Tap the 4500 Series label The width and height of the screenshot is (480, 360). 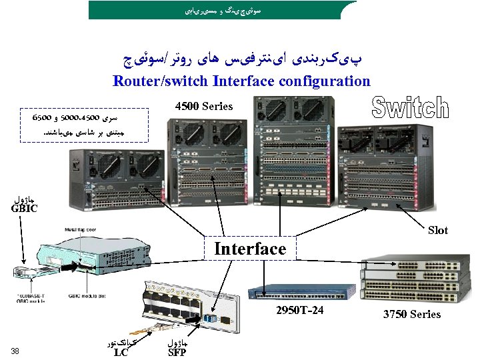coord(203,106)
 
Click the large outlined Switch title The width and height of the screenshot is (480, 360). coord(409,108)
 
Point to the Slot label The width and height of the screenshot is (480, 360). coord(438,230)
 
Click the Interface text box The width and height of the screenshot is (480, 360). coord(250,249)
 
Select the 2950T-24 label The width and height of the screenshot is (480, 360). coord(300,311)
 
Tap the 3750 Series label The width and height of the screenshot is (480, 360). coord(411,313)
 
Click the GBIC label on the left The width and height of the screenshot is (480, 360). coord(24,208)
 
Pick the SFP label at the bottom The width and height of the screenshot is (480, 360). coord(177,352)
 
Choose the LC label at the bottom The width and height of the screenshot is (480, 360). coord(121,352)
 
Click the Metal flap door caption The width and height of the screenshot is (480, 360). coord(80,230)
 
